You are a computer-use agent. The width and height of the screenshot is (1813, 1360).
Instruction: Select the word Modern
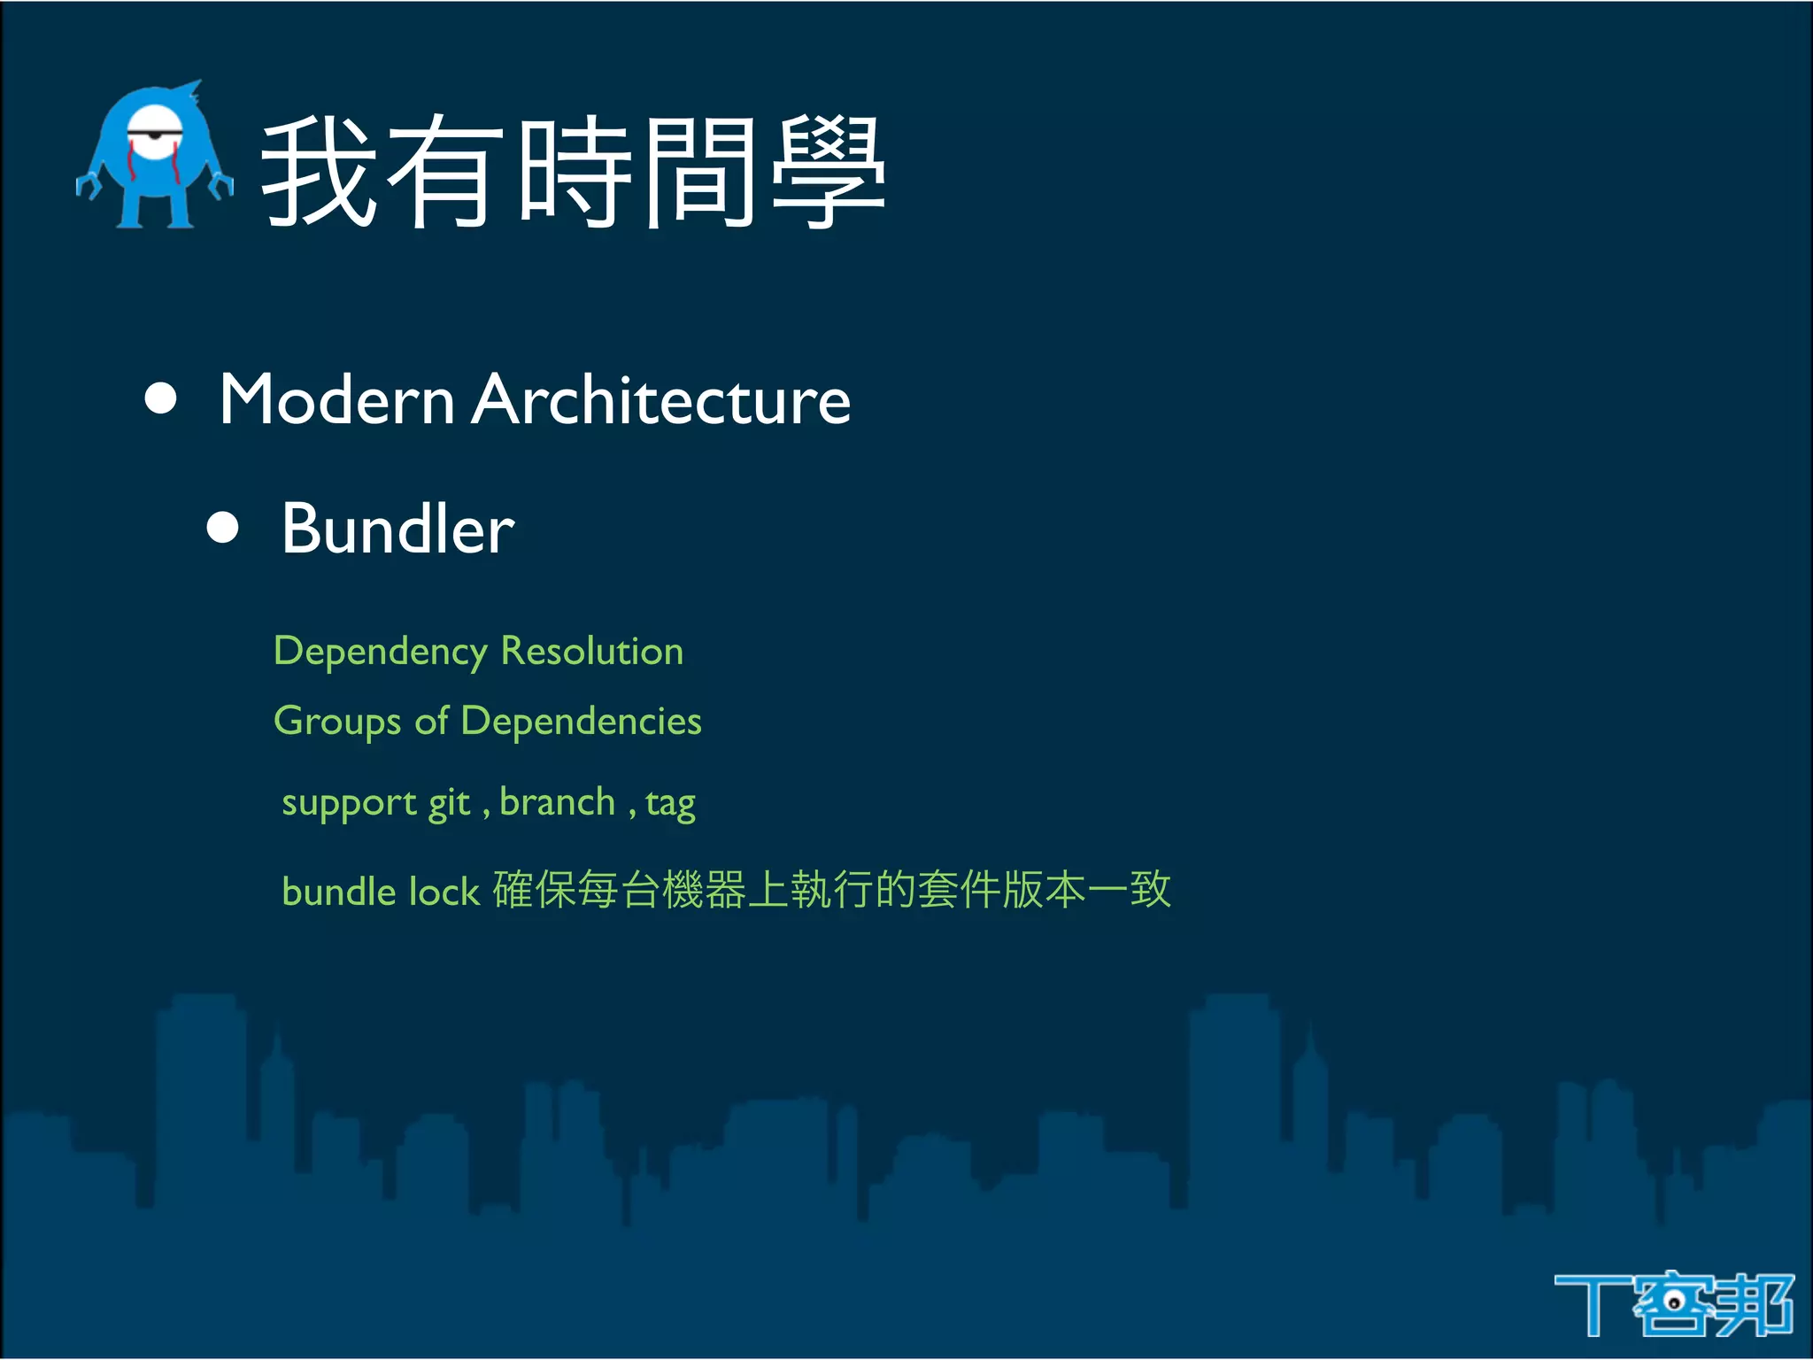tap(337, 400)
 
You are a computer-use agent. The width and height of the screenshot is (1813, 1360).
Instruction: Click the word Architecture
tap(660, 400)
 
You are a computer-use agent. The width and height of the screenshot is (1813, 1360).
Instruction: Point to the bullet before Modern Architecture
tap(160, 399)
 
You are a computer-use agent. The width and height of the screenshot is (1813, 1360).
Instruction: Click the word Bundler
tap(397, 529)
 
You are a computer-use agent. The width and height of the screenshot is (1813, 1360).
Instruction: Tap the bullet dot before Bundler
tap(222, 528)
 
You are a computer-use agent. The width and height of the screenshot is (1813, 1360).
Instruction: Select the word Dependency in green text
tap(381, 653)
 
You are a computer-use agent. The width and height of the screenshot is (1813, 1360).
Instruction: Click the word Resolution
tap(592, 651)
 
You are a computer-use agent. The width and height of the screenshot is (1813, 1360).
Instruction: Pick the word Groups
tap(337, 722)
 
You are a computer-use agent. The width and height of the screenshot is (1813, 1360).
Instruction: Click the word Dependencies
tap(581, 721)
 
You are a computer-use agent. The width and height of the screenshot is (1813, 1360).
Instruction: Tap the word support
tap(349, 804)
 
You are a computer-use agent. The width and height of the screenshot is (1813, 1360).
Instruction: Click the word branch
tap(557, 802)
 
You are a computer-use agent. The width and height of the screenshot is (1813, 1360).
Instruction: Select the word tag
tap(670, 804)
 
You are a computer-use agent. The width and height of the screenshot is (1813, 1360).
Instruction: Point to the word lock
tap(444, 891)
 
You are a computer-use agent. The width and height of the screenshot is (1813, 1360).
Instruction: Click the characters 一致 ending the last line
tap(1130, 889)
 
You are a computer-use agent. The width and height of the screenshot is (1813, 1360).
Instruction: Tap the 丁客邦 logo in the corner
tap(1672, 1304)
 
